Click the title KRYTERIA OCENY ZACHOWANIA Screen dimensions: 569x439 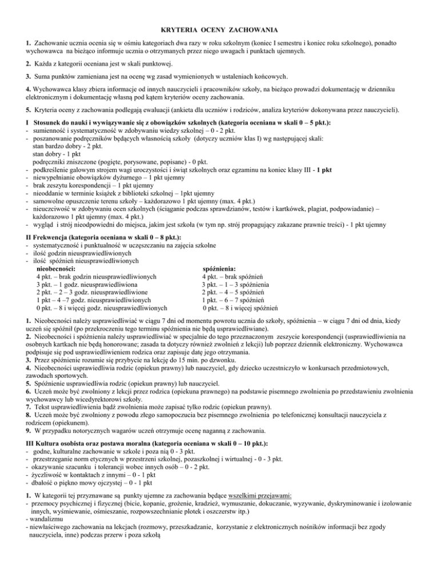[x=219, y=29]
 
